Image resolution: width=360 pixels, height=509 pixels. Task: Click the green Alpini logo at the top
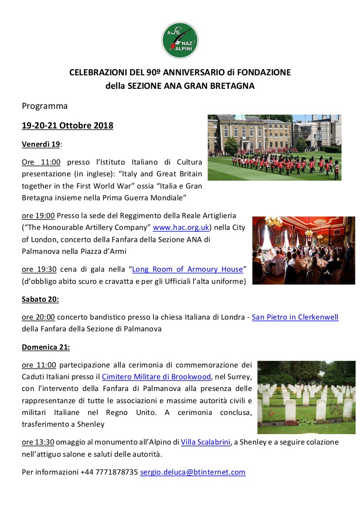pyautogui.click(x=180, y=40)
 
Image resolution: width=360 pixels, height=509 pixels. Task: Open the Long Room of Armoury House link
pyautogui.click(x=187, y=269)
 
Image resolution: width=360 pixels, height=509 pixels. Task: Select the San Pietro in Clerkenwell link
pyautogui.click(x=295, y=317)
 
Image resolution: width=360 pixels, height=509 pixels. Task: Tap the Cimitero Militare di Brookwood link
pyautogui.click(x=156, y=376)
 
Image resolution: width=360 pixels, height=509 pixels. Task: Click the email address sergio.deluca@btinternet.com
pyautogui.click(x=193, y=472)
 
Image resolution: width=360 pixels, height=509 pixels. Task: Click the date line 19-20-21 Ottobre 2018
pyautogui.click(x=68, y=126)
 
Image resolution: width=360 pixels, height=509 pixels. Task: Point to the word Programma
pyautogui.click(x=45, y=106)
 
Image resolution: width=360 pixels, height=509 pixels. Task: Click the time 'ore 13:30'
pyautogui.click(x=38, y=442)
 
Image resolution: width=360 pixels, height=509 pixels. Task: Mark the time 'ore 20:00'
pyautogui.click(x=38, y=317)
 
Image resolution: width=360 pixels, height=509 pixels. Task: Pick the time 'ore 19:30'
pyautogui.click(x=38, y=269)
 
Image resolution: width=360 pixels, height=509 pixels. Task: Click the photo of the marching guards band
pyautogui.click(x=274, y=147)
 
